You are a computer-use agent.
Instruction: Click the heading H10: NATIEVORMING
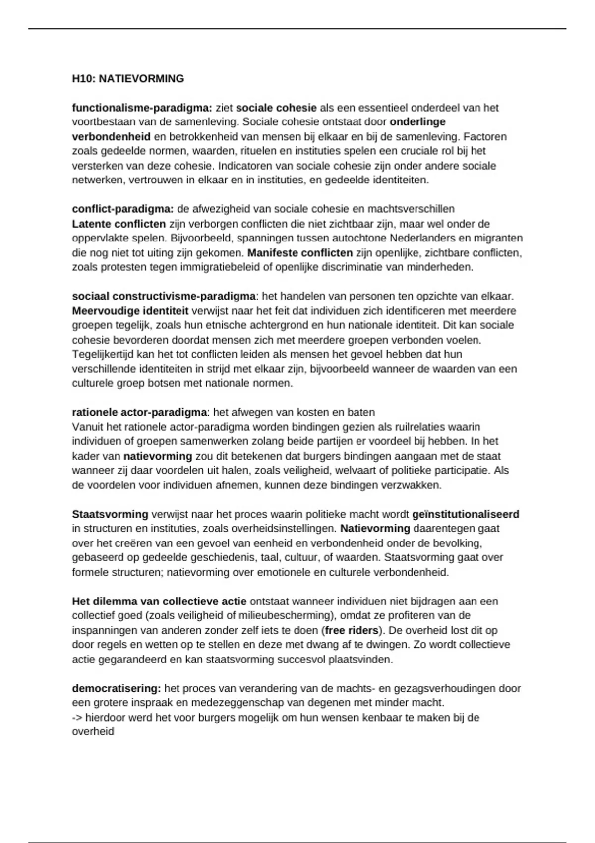click(128, 79)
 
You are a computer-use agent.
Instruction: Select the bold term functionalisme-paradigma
click(142, 108)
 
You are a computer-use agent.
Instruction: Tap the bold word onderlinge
click(417, 122)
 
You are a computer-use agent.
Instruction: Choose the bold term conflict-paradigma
click(122, 209)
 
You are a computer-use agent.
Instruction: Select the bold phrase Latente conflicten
click(119, 224)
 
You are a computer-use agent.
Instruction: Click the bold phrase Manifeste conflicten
click(300, 253)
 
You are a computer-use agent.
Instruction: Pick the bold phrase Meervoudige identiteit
click(130, 311)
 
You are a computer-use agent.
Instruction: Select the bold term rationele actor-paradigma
click(139, 412)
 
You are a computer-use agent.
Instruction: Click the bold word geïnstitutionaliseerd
click(466, 514)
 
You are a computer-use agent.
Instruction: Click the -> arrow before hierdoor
click(77, 718)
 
